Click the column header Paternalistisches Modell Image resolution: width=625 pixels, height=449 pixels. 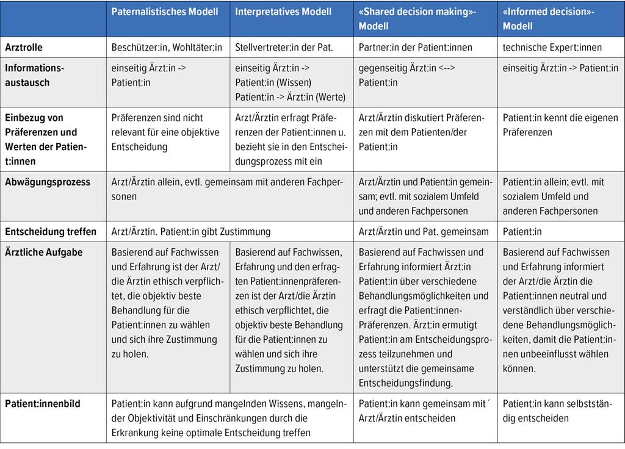click(x=164, y=12)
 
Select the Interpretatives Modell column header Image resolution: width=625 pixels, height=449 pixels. click(x=283, y=12)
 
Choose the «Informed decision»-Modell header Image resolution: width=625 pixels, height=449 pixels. click(x=548, y=19)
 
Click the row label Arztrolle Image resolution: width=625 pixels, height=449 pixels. click(x=24, y=48)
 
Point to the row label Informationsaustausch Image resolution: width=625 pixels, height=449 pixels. click(x=34, y=75)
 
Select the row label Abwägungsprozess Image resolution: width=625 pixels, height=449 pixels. click(x=47, y=182)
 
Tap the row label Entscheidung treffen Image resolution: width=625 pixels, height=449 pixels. click(x=51, y=231)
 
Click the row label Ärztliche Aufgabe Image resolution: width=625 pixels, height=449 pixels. click(x=43, y=252)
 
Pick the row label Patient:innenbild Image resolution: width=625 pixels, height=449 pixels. click(x=43, y=403)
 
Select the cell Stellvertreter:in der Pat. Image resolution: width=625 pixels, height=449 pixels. click(x=284, y=48)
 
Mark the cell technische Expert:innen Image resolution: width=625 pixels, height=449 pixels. click(x=552, y=48)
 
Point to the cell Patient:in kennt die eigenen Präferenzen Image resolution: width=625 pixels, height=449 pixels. click(x=560, y=124)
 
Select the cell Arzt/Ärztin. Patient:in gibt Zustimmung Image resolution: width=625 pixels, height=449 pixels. click(x=190, y=231)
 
